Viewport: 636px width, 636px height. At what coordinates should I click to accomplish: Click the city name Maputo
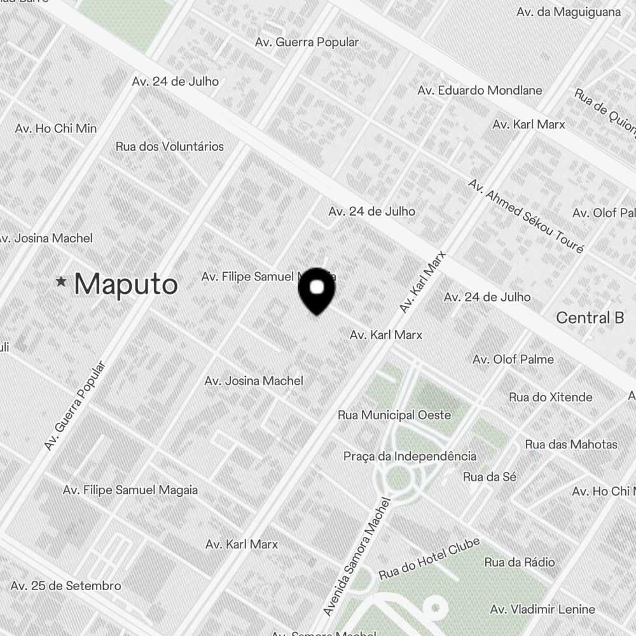125,284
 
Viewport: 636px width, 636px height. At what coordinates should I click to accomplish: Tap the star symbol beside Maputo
61,281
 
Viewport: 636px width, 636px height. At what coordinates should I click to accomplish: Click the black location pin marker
317,290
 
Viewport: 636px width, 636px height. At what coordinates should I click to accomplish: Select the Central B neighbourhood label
590,318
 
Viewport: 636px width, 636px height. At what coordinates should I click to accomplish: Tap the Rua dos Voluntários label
170,146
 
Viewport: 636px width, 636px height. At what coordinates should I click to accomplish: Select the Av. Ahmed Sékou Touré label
525,216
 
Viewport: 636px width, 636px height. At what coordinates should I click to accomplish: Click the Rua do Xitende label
551,397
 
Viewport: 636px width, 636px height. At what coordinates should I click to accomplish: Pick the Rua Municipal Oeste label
394,415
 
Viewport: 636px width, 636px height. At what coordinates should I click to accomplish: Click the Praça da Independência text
410,457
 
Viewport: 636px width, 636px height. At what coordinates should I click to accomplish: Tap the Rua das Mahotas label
571,444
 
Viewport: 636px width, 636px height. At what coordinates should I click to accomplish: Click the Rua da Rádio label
520,562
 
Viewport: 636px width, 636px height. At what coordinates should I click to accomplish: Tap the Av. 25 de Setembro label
66,586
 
